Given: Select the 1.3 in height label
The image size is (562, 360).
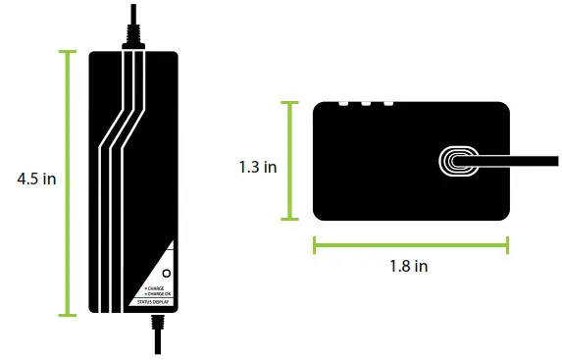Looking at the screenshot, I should tap(257, 167).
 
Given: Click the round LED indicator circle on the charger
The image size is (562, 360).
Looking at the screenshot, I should tap(166, 272).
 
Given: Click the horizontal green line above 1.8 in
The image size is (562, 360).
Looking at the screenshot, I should tap(410, 244).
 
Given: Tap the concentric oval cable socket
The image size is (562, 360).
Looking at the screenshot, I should tap(458, 162).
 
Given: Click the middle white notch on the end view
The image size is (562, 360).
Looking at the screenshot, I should tap(365, 103).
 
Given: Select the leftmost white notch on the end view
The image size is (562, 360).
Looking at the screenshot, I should tap(342, 103).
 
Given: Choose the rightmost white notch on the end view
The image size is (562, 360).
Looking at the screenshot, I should tap(388, 103).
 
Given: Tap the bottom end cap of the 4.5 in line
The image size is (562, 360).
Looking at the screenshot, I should tap(68, 315).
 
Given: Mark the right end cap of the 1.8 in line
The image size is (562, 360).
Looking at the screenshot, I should tap(507, 244).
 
